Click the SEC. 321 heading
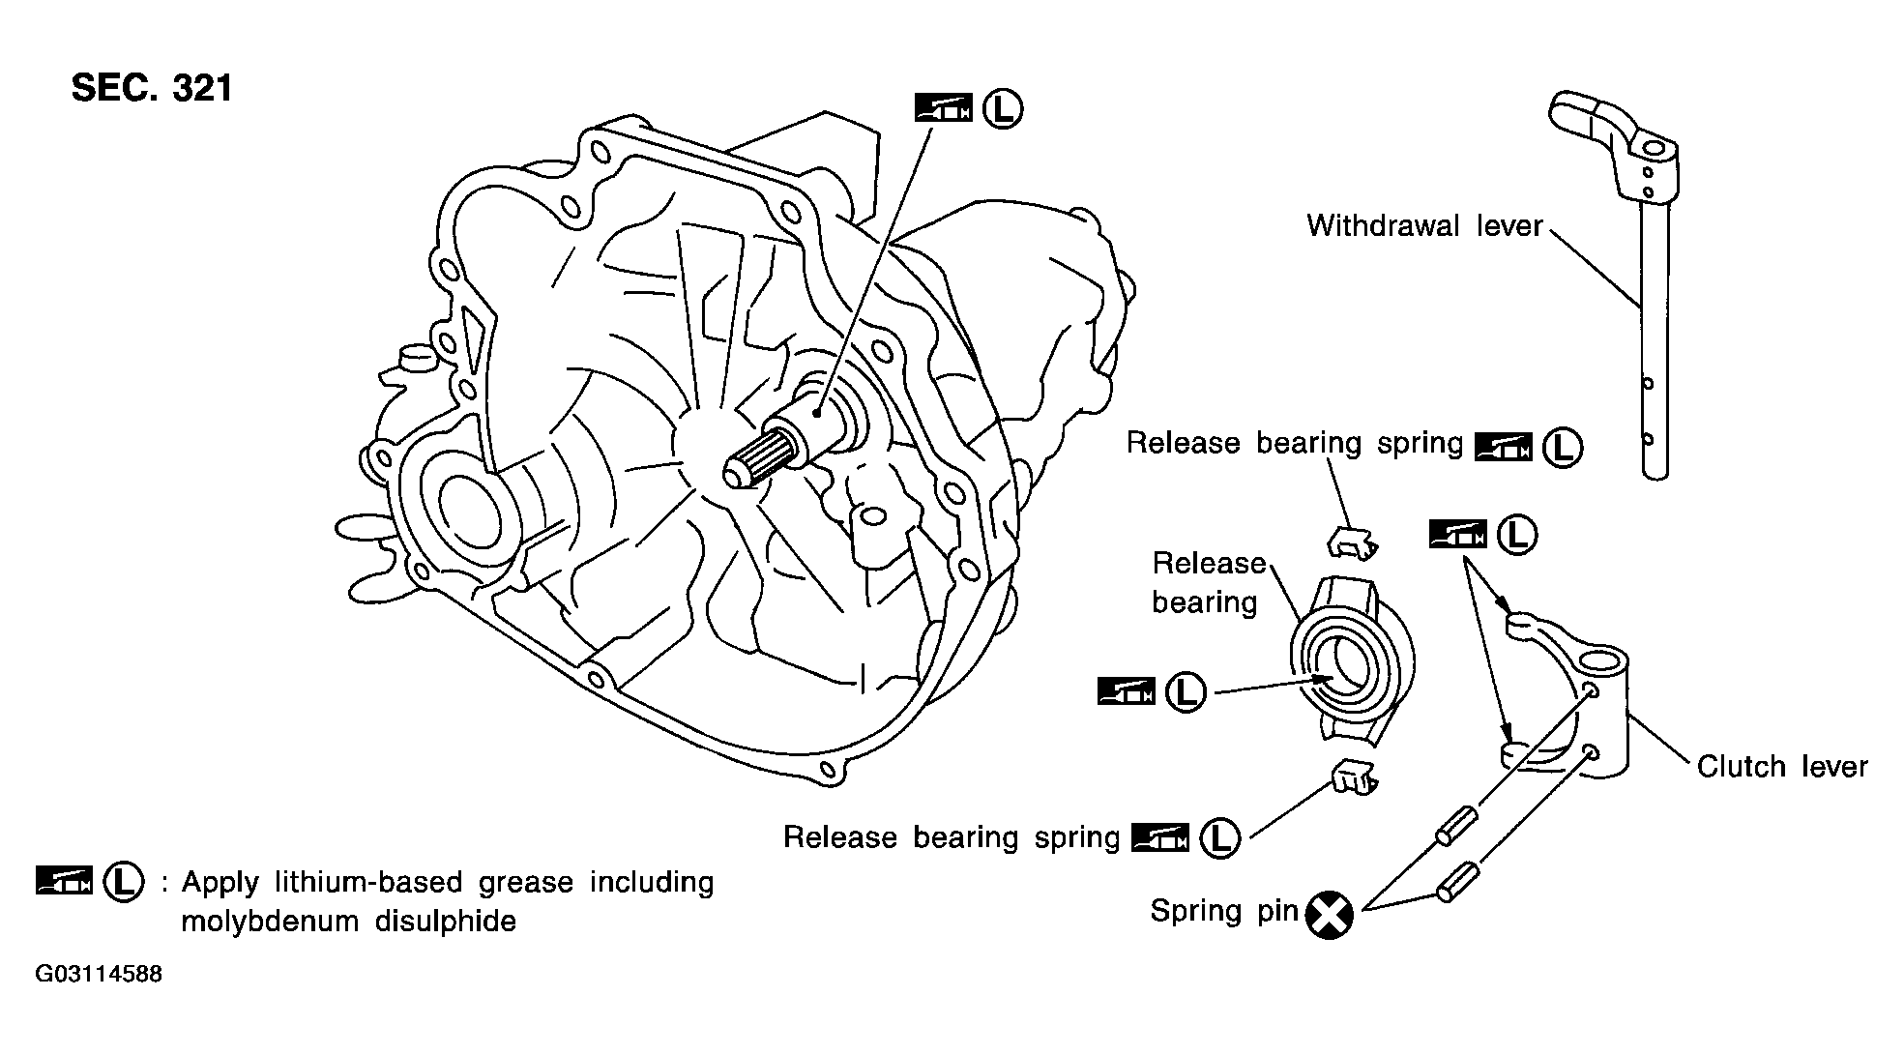152,88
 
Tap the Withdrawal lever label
1424,225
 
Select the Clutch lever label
1782,767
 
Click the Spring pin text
1223,911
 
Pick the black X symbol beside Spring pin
1330,915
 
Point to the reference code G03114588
99,974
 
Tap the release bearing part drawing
1353,660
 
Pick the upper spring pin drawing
1455,823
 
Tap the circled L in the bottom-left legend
124,882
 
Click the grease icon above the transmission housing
943,108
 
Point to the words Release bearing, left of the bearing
1208,583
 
